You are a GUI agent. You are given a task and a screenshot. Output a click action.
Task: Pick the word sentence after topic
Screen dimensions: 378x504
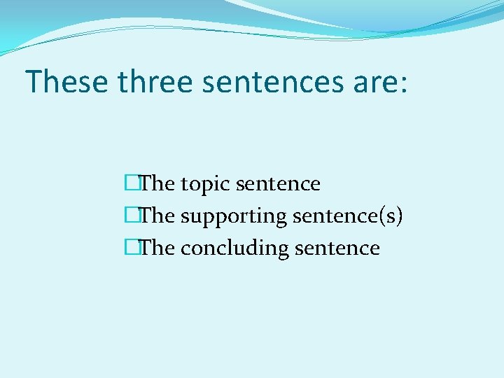278,184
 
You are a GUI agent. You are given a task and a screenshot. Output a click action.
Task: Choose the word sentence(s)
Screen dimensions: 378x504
347,216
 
